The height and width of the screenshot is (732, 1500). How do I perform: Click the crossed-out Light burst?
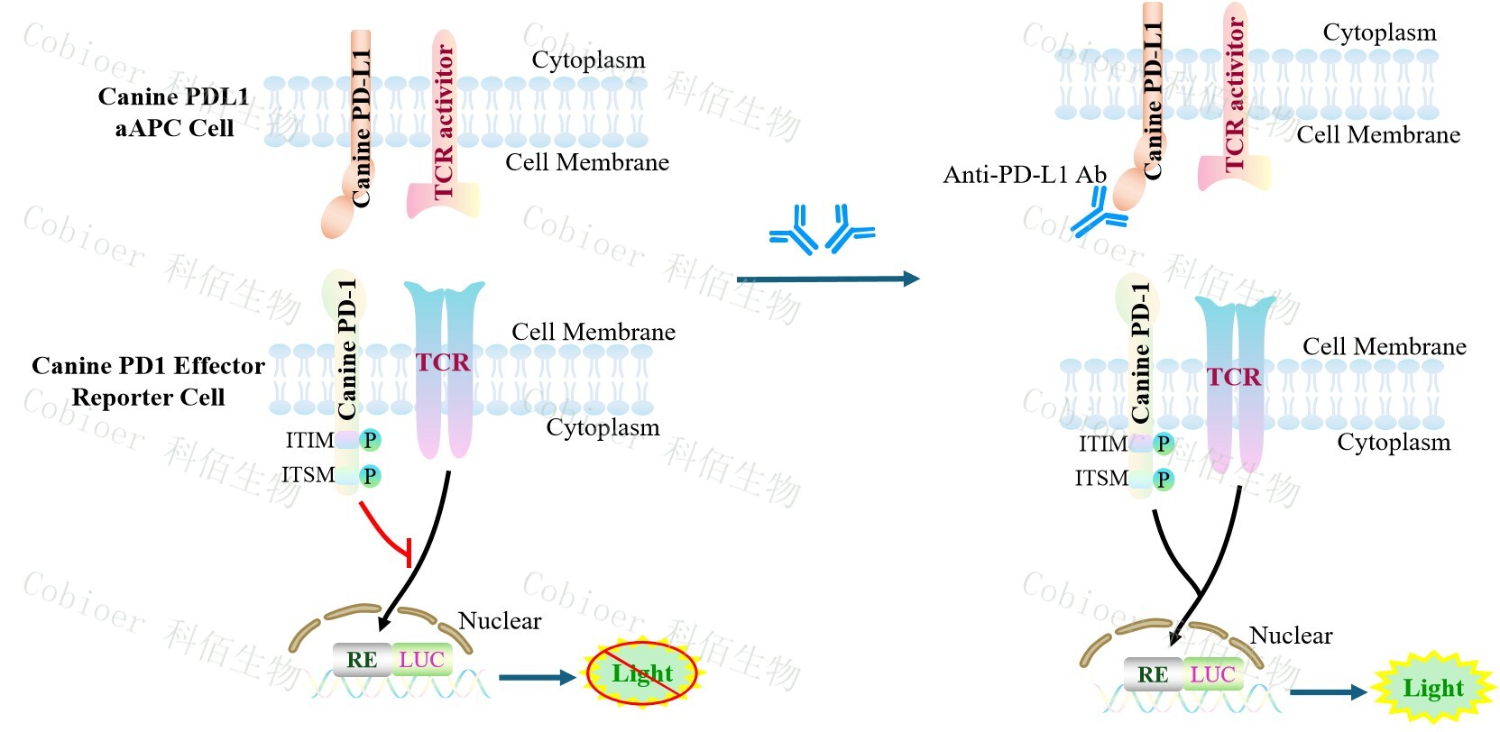(642, 673)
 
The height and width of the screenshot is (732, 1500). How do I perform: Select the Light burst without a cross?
(1432, 689)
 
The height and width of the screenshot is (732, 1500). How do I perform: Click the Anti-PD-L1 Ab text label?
(1024, 175)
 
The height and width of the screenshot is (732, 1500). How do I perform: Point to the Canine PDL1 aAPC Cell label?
(173, 113)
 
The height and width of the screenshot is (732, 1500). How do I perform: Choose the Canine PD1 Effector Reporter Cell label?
(148, 381)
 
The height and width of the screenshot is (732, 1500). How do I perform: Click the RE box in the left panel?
(362, 660)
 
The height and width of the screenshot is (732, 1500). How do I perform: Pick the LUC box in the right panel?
(1212, 674)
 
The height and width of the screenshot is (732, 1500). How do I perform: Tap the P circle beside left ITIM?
(370, 440)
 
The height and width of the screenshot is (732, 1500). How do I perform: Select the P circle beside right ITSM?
(1164, 479)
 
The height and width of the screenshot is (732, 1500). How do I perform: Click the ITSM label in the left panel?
(308, 475)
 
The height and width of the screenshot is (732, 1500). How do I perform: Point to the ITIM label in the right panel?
(1102, 444)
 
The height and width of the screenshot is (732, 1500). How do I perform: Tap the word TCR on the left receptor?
(443, 362)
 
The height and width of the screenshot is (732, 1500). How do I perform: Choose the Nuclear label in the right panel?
(1291, 636)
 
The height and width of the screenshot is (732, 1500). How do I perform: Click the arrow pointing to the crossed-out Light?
(536, 677)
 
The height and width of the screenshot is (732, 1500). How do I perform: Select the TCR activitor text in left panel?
(444, 123)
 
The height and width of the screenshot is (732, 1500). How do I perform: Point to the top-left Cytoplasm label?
(588, 60)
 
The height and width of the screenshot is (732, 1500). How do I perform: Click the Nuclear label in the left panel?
(500, 621)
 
